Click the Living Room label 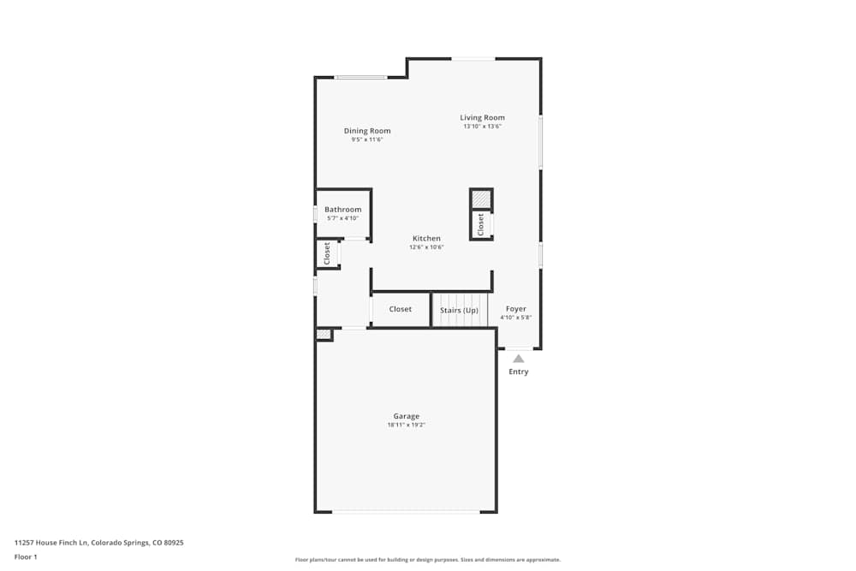[482, 117]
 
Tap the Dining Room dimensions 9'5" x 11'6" [367, 140]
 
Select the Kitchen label [426, 238]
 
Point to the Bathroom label [342, 209]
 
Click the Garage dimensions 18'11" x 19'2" [406, 425]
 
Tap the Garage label [406, 416]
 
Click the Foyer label [515, 308]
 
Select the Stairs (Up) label [459, 310]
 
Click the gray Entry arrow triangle [518, 359]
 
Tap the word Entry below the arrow [518, 372]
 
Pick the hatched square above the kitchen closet [481, 199]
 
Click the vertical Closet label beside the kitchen [481, 224]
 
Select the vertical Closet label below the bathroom [327, 253]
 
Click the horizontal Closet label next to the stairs [400, 309]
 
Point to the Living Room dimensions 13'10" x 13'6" [482, 127]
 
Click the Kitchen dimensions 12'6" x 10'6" [426, 247]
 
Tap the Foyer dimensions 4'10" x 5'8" [515, 318]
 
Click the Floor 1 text [26, 556]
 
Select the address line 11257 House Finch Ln [98, 542]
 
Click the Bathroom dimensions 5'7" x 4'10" [342, 218]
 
